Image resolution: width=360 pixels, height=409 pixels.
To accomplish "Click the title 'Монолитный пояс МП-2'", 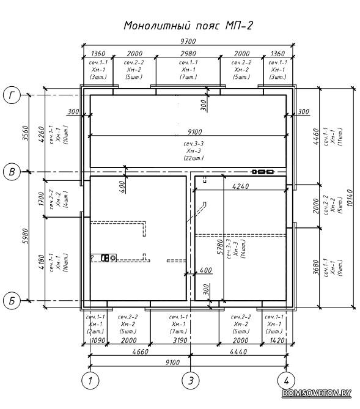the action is click(x=188, y=26).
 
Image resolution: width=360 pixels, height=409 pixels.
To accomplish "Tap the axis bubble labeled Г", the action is click(x=12, y=95).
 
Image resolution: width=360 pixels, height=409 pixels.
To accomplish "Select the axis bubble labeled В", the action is click(x=12, y=172).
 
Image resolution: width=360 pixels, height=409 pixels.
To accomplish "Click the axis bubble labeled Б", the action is click(x=12, y=301).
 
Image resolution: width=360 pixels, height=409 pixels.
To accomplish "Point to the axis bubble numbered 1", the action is click(x=90, y=380).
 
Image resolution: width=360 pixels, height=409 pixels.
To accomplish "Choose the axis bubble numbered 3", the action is click(x=191, y=380).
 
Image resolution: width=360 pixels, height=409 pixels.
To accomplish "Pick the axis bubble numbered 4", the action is click(x=287, y=380).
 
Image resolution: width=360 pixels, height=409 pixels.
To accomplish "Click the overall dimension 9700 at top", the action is click(x=188, y=42).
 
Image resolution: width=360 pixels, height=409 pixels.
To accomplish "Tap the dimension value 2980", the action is click(x=188, y=53).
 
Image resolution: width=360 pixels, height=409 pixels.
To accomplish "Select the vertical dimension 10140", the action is click(x=350, y=198).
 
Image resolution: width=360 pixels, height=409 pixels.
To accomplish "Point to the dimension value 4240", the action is click(x=241, y=186).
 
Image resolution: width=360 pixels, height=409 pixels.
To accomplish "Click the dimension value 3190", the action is click(x=180, y=341).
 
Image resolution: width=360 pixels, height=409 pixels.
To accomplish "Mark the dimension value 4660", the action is click(x=140, y=352).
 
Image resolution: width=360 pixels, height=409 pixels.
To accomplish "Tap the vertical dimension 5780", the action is click(x=220, y=247).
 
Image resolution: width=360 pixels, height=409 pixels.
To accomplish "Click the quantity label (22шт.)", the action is click(x=193, y=158).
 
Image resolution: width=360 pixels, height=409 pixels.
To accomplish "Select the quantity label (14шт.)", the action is click(x=243, y=249).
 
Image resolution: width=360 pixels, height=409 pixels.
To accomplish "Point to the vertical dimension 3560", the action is click(x=25, y=133).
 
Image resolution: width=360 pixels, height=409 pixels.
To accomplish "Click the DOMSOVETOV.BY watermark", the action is click(x=317, y=393).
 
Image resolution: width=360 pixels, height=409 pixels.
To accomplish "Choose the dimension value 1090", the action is click(x=98, y=341).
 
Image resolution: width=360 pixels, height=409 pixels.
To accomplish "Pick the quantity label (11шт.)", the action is click(x=340, y=136).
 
